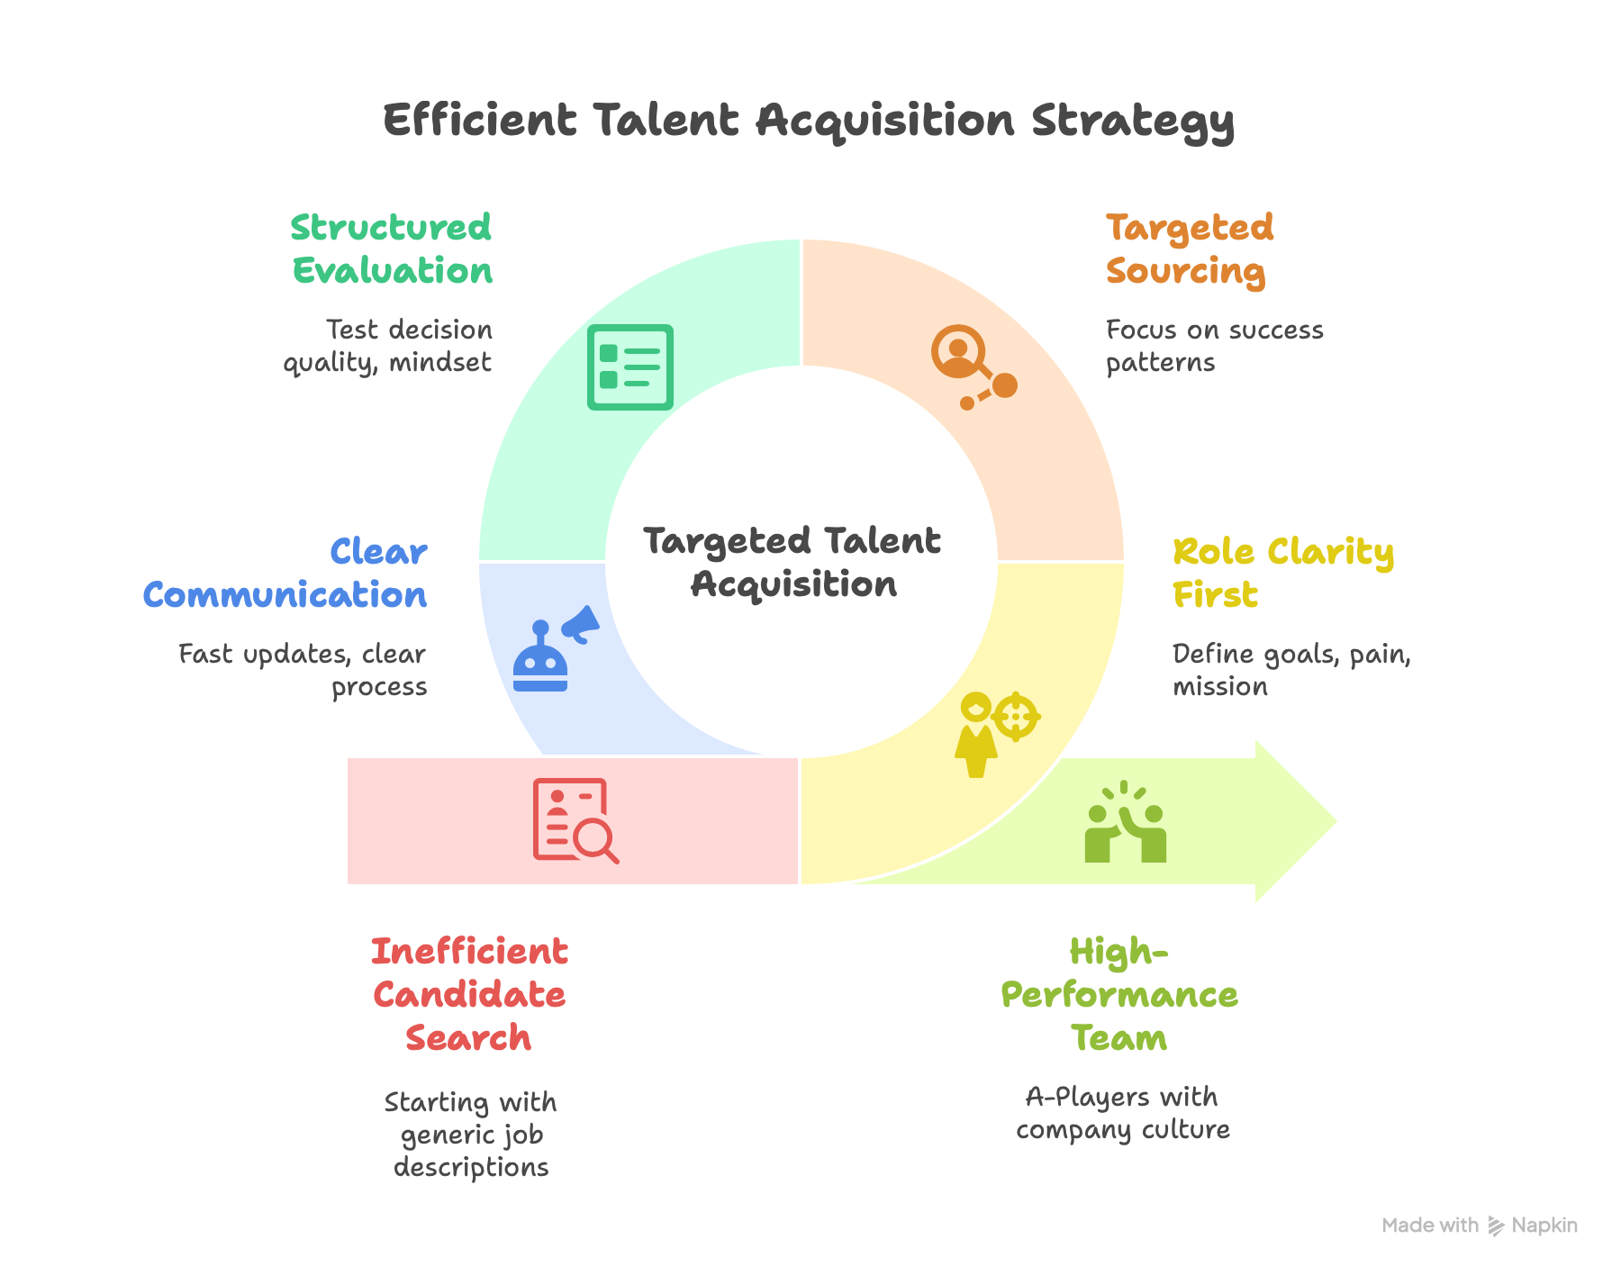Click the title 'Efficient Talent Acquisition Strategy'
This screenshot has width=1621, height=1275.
coord(809,122)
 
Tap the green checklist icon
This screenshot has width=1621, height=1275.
coord(630,367)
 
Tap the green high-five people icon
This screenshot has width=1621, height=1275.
coord(1126,821)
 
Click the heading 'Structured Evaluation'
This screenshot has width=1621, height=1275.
coord(392,249)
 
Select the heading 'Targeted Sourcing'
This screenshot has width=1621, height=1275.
coord(1190,249)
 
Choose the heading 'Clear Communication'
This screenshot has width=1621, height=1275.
coord(285,574)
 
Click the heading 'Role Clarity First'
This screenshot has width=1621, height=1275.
coord(1283,574)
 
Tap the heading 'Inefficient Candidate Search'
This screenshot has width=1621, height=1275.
coord(469,995)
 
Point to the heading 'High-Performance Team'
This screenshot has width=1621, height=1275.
coord(1119,995)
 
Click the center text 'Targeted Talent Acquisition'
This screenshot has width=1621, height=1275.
coord(793,563)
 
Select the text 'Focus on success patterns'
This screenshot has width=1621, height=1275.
coord(1215,346)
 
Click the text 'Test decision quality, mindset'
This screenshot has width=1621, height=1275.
coord(388,346)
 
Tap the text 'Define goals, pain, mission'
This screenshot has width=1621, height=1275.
coord(1291,670)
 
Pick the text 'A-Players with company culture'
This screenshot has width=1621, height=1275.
coord(1123,1113)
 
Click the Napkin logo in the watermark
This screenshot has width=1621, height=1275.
coord(1496,1225)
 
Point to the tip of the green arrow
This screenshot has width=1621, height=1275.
coord(1336,821)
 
